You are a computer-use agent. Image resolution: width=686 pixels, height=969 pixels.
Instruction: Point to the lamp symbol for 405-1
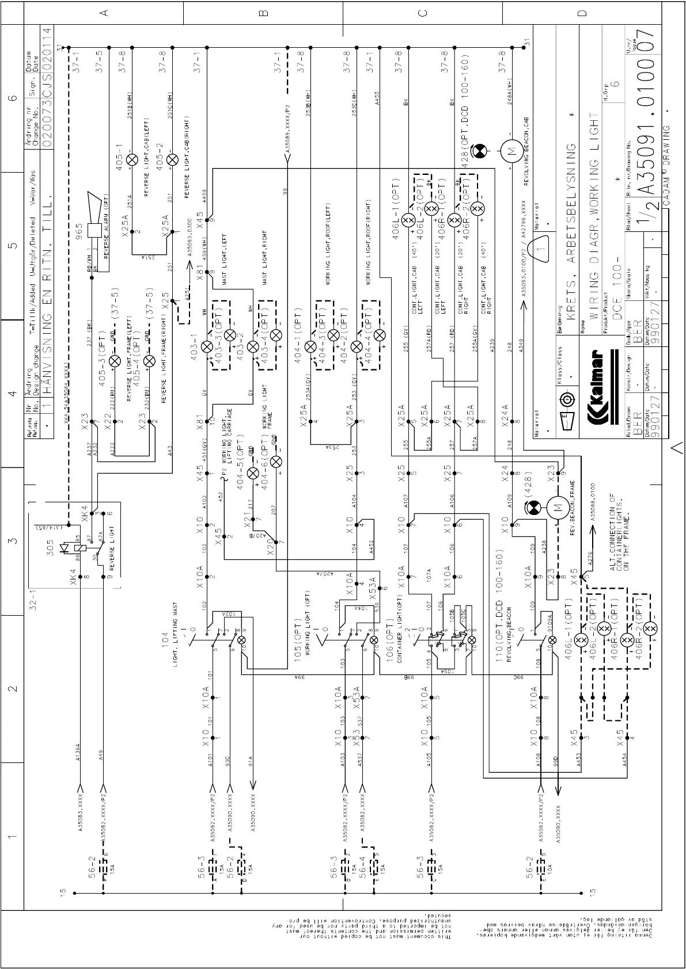(132, 159)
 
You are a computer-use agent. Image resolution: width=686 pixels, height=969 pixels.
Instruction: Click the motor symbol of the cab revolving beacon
(510, 152)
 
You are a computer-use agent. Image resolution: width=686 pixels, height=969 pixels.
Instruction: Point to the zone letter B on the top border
(263, 13)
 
